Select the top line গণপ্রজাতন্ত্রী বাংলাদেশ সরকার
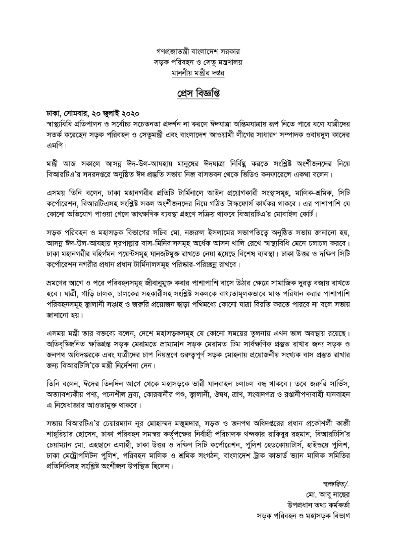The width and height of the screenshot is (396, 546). point(198,52)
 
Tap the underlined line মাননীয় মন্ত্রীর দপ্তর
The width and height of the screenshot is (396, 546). point(198,73)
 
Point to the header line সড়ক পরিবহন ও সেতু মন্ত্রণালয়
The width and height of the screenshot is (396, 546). point(198,62)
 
